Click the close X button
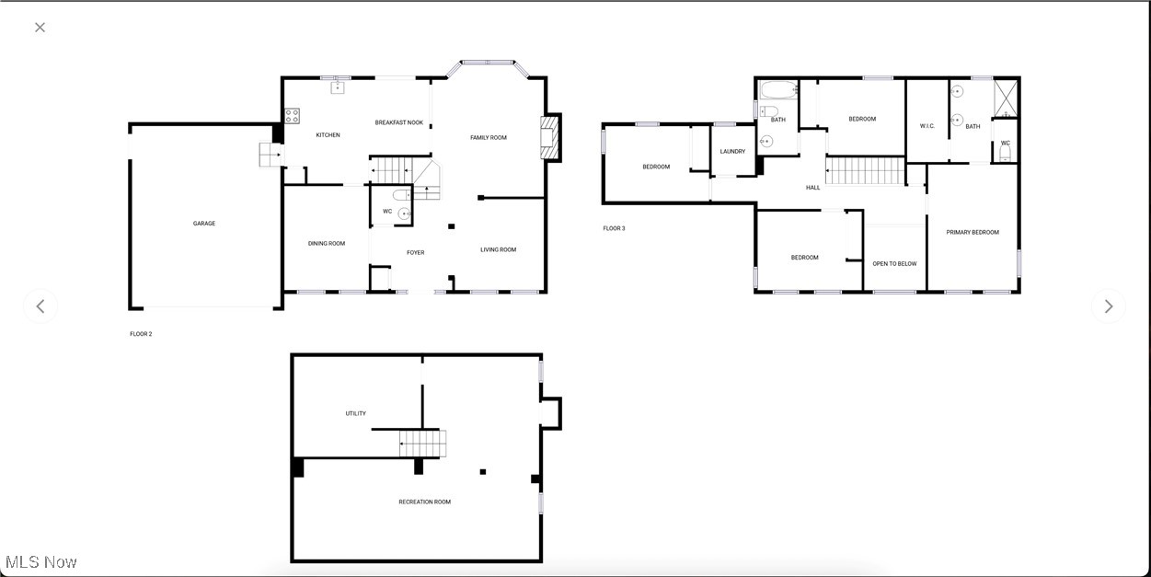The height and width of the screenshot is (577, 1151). [x=40, y=28]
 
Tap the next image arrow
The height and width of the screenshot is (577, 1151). [x=1108, y=306]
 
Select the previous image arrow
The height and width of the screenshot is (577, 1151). [x=40, y=306]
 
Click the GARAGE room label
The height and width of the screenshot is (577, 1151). [x=204, y=224]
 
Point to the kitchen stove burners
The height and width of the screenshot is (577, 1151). [x=292, y=116]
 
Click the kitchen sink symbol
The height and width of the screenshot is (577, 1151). [x=338, y=87]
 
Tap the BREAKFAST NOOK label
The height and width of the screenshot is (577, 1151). [x=398, y=122]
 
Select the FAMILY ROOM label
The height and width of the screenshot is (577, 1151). [x=489, y=138]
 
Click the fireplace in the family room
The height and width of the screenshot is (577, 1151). [x=550, y=138]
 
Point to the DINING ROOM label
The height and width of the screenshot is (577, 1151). [x=327, y=244]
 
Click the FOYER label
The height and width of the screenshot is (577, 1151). [x=416, y=253]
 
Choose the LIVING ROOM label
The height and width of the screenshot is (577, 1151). [x=499, y=249]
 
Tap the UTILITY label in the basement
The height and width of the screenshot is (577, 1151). [x=356, y=414]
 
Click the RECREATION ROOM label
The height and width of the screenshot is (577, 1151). [x=425, y=502]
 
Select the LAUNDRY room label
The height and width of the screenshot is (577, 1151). [x=732, y=152]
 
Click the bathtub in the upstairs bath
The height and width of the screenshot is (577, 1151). [x=778, y=90]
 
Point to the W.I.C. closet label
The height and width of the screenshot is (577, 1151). [x=927, y=126]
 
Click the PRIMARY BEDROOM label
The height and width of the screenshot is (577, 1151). [x=973, y=233]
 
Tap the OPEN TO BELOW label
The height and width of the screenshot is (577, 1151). [x=894, y=264]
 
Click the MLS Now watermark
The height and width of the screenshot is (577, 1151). [x=41, y=561]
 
